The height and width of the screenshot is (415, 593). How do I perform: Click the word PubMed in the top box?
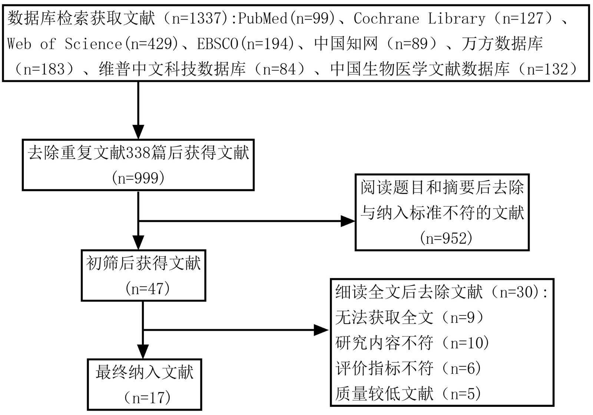[x=263, y=19]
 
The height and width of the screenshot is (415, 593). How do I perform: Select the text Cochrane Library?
[x=419, y=19]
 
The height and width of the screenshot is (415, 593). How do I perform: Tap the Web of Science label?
[x=64, y=44]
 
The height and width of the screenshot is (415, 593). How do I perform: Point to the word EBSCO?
[x=218, y=44]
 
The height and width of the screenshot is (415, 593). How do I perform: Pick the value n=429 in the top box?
[x=154, y=44]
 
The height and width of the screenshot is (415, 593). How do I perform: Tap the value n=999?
[x=138, y=178]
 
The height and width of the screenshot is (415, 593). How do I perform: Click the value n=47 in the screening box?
[x=148, y=288]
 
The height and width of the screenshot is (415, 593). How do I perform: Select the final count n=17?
[x=148, y=398]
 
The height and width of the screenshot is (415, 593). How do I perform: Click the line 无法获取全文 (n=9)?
[x=410, y=318]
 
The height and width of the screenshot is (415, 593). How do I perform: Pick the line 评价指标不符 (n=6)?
[x=408, y=368]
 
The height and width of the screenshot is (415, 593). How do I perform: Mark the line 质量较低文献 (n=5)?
[x=408, y=394]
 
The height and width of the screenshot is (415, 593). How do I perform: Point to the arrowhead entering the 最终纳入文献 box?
[x=143, y=352]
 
